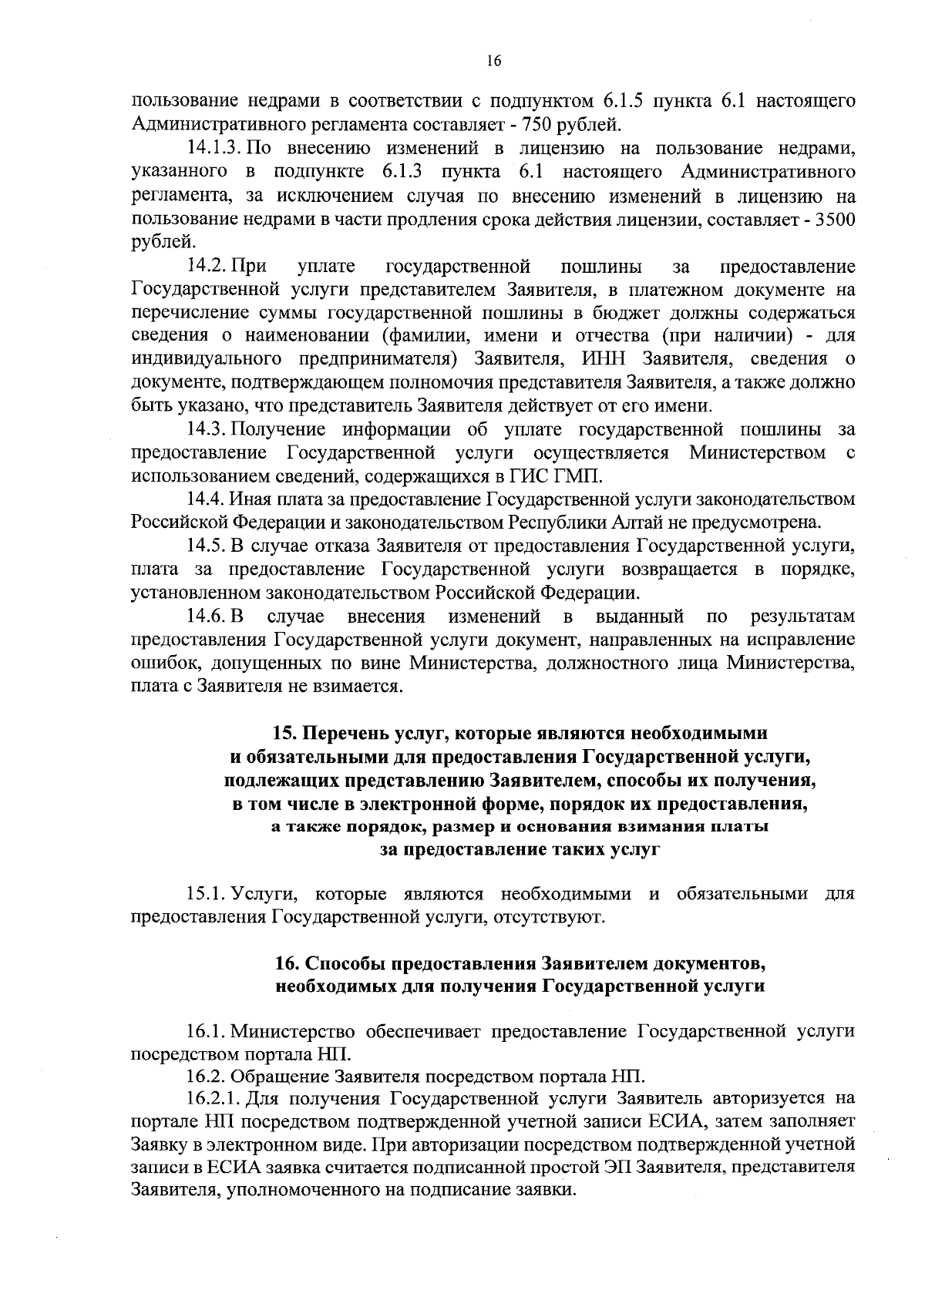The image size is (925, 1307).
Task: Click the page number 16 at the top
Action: [494, 62]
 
